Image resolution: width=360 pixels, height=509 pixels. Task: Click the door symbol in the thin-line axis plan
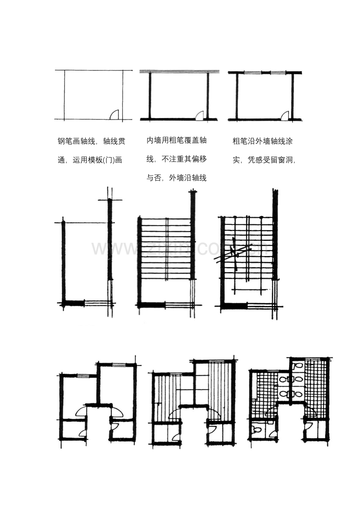(114, 114)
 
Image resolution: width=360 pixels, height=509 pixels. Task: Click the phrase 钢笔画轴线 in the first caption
(77, 142)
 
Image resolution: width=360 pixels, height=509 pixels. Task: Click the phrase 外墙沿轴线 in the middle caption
(187, 178)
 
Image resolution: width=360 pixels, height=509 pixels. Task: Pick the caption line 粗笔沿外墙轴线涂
(263, 142)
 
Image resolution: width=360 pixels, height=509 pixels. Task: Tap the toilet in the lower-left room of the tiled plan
(257, 430)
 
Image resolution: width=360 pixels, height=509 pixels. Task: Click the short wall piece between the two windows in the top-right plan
(266, 73)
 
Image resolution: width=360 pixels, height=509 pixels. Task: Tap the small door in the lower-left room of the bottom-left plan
(83, 433)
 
